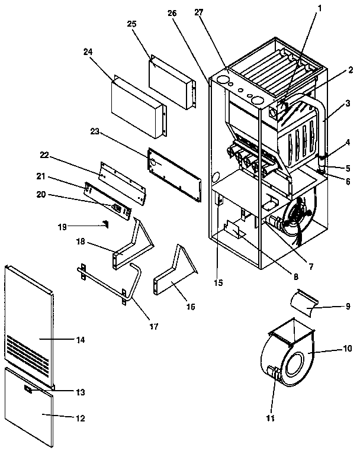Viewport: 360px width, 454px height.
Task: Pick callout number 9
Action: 348,306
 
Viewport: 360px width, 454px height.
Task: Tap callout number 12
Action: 80,418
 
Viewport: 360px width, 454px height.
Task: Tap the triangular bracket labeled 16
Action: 172,278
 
